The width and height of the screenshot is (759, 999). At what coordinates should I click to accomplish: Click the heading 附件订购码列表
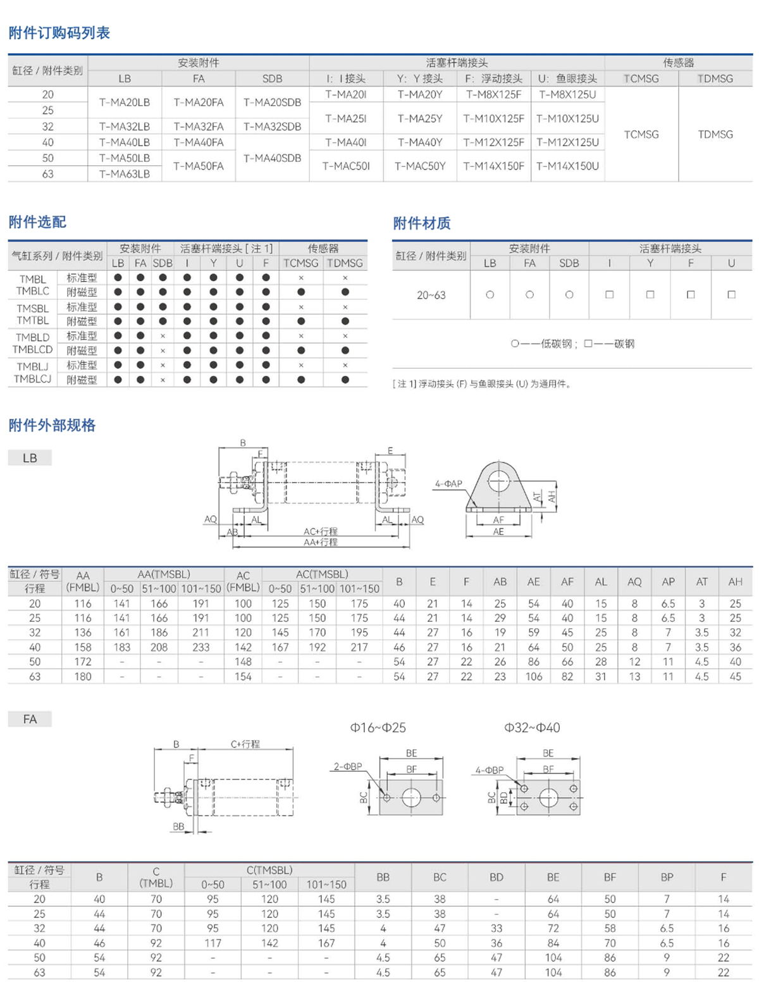[59, 33]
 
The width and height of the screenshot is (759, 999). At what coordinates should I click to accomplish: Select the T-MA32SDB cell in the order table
[272, 127]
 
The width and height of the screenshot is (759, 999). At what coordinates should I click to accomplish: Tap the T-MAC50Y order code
[420, 166]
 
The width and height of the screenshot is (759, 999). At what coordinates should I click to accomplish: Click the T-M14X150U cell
[567, 166]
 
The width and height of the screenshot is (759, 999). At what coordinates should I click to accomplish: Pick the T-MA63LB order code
[125, 174]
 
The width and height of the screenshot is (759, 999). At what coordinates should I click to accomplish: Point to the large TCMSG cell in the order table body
[641, 134]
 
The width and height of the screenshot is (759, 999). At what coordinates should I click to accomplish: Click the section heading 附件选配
[37, 222]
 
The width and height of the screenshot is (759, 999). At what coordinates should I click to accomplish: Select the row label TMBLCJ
[32, 379]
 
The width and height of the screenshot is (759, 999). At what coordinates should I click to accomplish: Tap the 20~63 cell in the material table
[431, 295]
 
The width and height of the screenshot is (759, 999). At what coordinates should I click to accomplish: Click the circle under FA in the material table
[529, 295]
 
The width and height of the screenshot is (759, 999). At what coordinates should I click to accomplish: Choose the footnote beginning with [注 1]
[481, 384]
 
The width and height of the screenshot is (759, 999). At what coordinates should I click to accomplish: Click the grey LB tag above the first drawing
[30, 458]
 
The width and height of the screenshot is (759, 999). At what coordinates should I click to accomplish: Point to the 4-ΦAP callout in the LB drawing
[448, 483]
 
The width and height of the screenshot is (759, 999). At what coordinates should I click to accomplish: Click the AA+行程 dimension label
[320, 542]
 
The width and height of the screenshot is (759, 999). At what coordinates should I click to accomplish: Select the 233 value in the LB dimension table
[201, 647]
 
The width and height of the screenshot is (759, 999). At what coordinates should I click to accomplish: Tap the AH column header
[735, 581]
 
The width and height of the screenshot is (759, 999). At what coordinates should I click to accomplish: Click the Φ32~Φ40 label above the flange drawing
[532, 728]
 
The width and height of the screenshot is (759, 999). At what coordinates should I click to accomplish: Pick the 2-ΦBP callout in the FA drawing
[348, 766]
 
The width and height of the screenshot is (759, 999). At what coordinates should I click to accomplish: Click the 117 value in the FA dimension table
[213, 943]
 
